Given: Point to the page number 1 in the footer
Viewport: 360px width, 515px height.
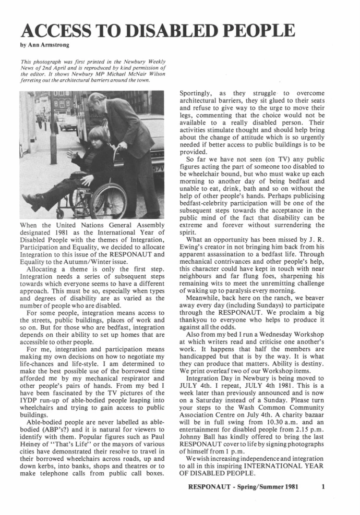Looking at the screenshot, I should [323, 487].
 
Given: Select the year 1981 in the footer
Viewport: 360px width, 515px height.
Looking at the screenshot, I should [291, 487].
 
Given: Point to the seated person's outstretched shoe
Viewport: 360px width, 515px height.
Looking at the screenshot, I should [33, 200].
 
